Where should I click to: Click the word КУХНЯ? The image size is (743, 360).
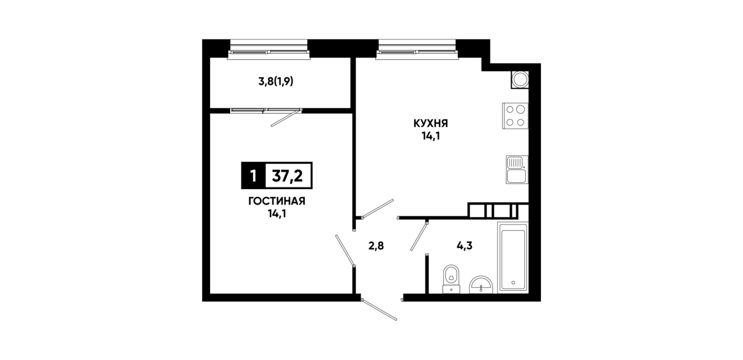point(431,124)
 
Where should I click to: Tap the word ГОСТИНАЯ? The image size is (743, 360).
point(276,201)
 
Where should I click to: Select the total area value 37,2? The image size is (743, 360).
point(287,176)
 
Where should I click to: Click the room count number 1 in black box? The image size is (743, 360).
point(254,176)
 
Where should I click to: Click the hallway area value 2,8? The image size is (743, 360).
point(376,246)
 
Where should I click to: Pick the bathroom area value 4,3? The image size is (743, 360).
point(464,246)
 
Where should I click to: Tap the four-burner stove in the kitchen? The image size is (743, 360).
point(515,116)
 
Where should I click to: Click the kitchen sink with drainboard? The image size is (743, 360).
point(517,170)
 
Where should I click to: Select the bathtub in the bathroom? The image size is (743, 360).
point(512,258)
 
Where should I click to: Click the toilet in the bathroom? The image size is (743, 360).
point(451,279)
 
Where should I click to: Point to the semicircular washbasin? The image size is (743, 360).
point(481,285)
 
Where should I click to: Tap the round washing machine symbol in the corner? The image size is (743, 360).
point(520,80)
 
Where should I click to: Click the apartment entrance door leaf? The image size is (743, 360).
point(379,310)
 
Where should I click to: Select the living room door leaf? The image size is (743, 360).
point(345,250)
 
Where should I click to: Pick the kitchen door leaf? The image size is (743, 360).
point(378,209)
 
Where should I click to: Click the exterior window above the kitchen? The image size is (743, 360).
point(417,50)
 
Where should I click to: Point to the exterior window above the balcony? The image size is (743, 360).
point(268,50)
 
